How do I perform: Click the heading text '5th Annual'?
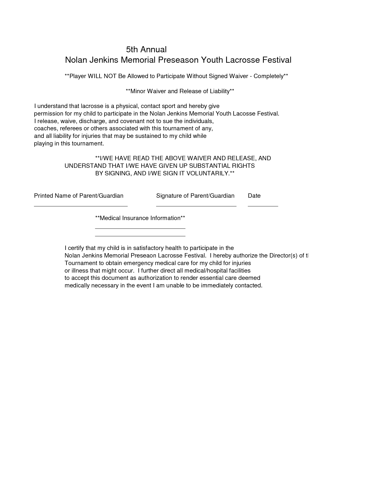tap(146, 49)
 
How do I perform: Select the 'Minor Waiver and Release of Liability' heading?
tap(180, 91)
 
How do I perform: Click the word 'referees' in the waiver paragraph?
tap(71, 128)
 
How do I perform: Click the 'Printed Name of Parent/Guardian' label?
tap(79, 196)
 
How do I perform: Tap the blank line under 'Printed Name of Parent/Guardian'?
tap(81, 206)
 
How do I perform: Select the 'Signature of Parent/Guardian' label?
tap(195, 196)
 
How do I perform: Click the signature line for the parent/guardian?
tap(196, 206)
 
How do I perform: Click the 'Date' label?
tap(254, 196)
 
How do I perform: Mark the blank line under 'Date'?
tap(263, 206)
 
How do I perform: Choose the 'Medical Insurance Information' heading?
tap(140, 218)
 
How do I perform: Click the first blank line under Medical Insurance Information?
tap(140, 228)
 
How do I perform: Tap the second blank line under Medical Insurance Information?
tap(140, 236)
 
